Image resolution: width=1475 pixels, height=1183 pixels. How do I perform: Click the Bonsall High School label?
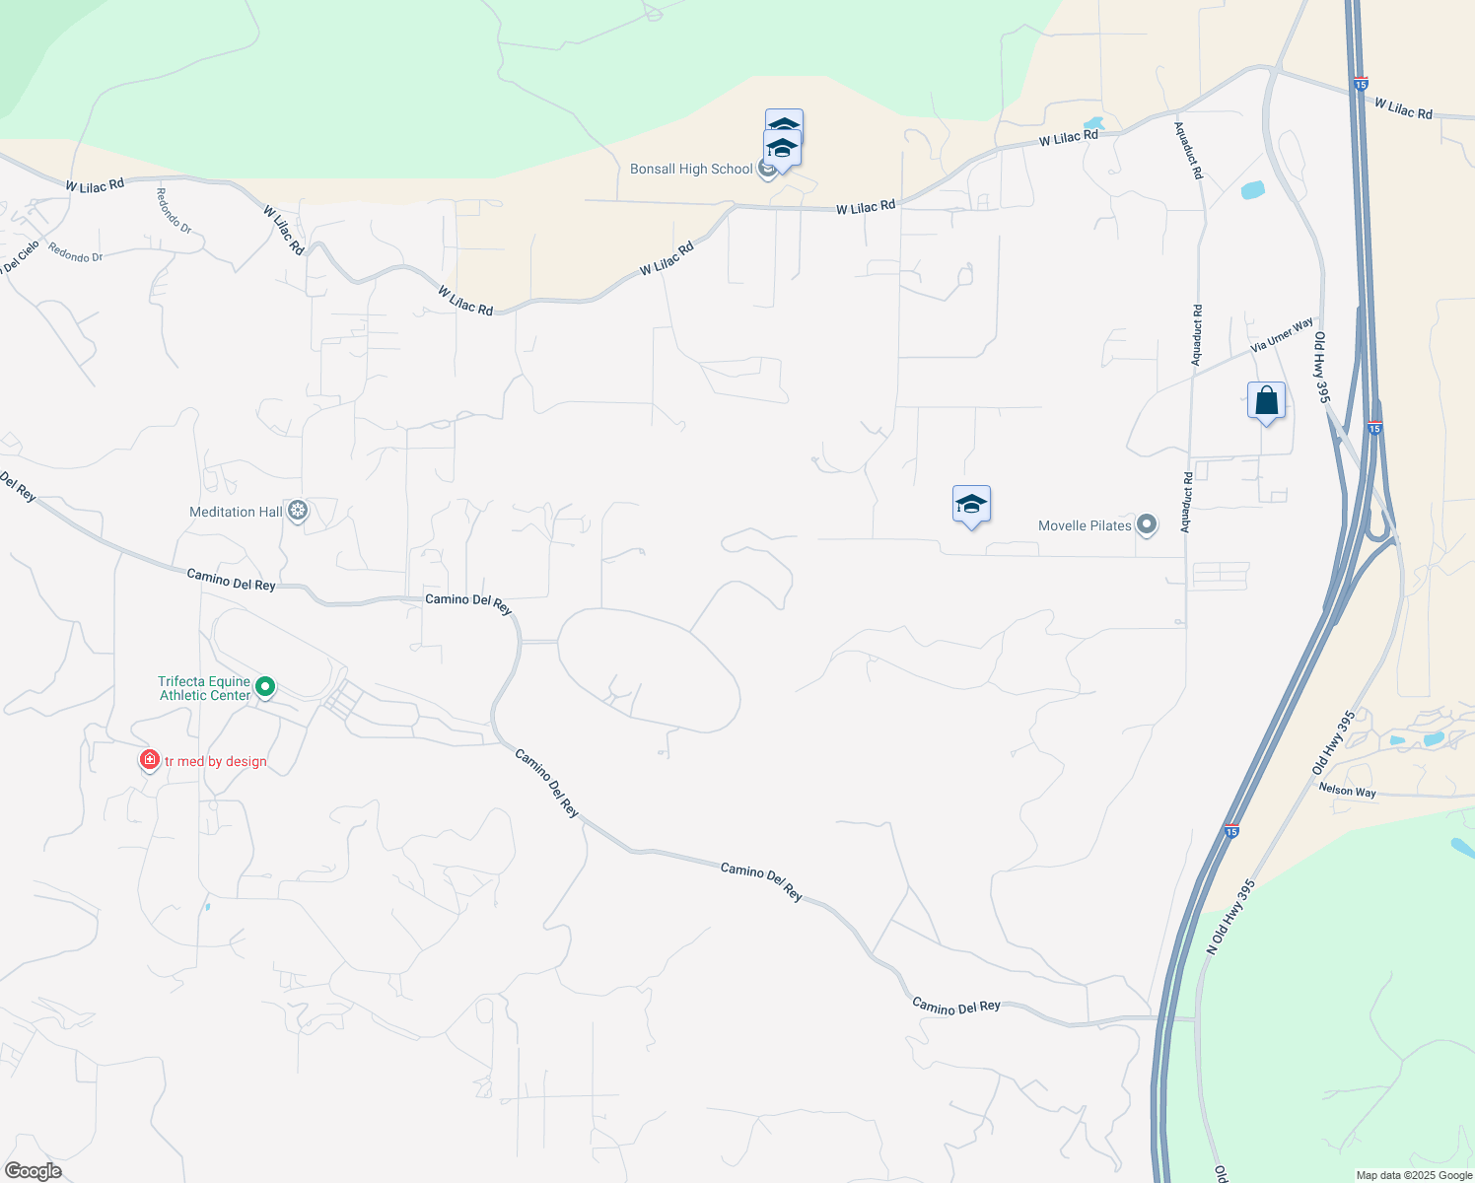click(x=691, y=170)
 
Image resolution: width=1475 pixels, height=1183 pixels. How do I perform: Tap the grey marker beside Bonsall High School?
click(x=767, y=171)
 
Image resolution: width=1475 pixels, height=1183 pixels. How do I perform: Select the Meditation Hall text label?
click(x=236, y=512)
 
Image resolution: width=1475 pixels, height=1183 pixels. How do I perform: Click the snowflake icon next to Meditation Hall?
click(x=298, y=511)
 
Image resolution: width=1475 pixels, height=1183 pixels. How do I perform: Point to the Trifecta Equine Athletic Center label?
click(x=205, y=688)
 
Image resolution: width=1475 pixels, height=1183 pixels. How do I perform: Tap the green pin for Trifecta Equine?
click(x=264, y=686)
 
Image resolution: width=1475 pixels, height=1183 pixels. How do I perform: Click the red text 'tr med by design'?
click(x=216, y=761)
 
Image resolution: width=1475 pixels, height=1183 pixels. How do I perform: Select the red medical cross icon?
click(x=149, y=760)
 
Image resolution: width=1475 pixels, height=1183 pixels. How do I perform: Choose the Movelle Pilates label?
click(x=1085, y=525)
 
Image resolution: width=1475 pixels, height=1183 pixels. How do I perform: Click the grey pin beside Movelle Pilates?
click(x=1147, y=524)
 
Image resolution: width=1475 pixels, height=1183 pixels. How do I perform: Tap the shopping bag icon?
click(x=1266, y=401)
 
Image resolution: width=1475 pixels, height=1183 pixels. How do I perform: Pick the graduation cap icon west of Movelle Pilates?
click(x=971, y=505)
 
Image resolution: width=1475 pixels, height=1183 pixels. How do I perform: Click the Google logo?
click(x=33, y=1171)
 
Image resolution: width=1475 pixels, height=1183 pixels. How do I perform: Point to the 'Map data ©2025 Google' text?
click(x=1414, y=1175)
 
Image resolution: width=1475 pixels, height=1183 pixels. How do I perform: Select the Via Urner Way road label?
click(x=1282, y=335)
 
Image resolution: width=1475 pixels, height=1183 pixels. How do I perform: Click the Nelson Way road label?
click(x=1347, y=791)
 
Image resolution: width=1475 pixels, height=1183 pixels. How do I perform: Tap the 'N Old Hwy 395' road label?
click(x=1230, y=917)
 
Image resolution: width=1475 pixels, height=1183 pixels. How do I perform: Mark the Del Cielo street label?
click(x=20, y=257)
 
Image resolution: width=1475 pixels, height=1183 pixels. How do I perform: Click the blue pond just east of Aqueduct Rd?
click(x=1252, y=190)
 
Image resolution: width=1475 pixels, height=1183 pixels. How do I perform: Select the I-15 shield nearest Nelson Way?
click(x=1231, y=831)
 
